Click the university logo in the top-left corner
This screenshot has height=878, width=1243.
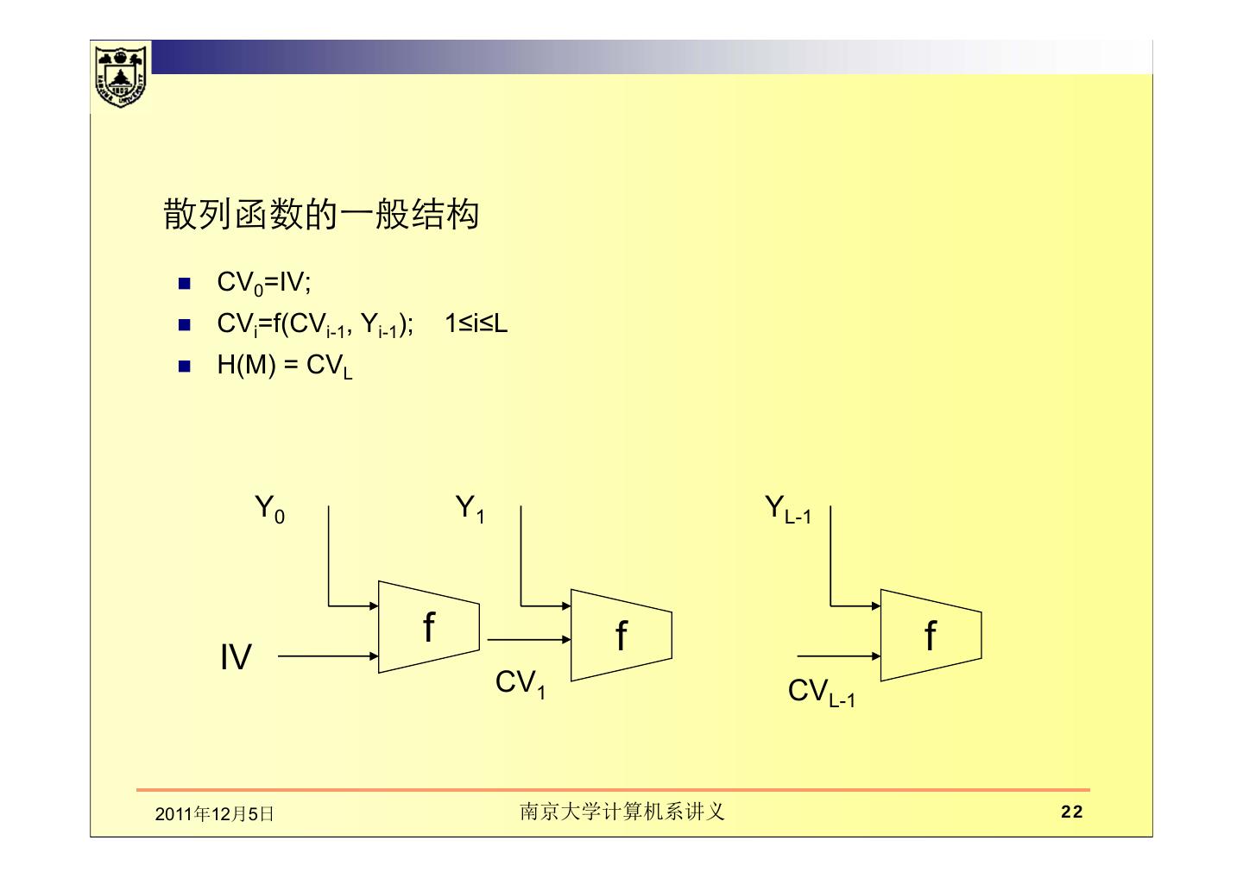pos(120,76)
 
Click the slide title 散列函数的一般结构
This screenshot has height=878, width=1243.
pos(320,215)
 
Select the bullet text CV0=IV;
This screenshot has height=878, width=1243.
pos(263,283)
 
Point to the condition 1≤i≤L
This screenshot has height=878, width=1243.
pos(476,324)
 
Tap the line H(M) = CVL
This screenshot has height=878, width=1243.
pos(284,367)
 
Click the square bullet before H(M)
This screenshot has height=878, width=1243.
pos(183,366)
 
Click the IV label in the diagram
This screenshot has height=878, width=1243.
pos(236,657)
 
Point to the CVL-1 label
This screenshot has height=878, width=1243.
pos(821,692)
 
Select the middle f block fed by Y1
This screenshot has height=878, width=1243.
pos(621,636)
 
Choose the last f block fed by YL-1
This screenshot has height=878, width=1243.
pos(931,636)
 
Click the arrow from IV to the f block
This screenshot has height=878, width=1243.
pos(328,656)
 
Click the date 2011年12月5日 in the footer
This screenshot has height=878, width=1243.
pos(214,813)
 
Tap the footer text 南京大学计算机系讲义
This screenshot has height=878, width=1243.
pos(621,812)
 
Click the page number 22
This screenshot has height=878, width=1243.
pos(1071,812)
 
